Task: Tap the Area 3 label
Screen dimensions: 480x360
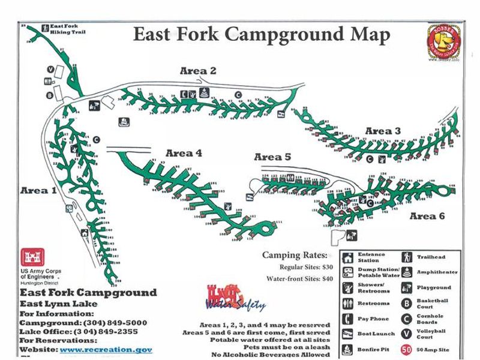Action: (382, 131)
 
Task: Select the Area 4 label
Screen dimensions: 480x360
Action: (184, 153)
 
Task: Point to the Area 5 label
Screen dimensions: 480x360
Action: (272, 157)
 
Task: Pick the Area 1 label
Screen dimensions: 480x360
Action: (38, 190)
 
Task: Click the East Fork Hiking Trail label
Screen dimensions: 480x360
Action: (66, 29)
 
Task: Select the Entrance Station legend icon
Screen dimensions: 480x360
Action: (347, 257)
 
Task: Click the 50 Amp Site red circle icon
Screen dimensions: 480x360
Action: (406, 349)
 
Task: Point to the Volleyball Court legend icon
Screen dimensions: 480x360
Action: (406, 334)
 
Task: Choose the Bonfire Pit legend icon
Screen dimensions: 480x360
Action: (347, 349)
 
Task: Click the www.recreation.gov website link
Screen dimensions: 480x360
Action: (106, 349)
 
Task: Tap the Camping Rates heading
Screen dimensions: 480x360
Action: (294, 255)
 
